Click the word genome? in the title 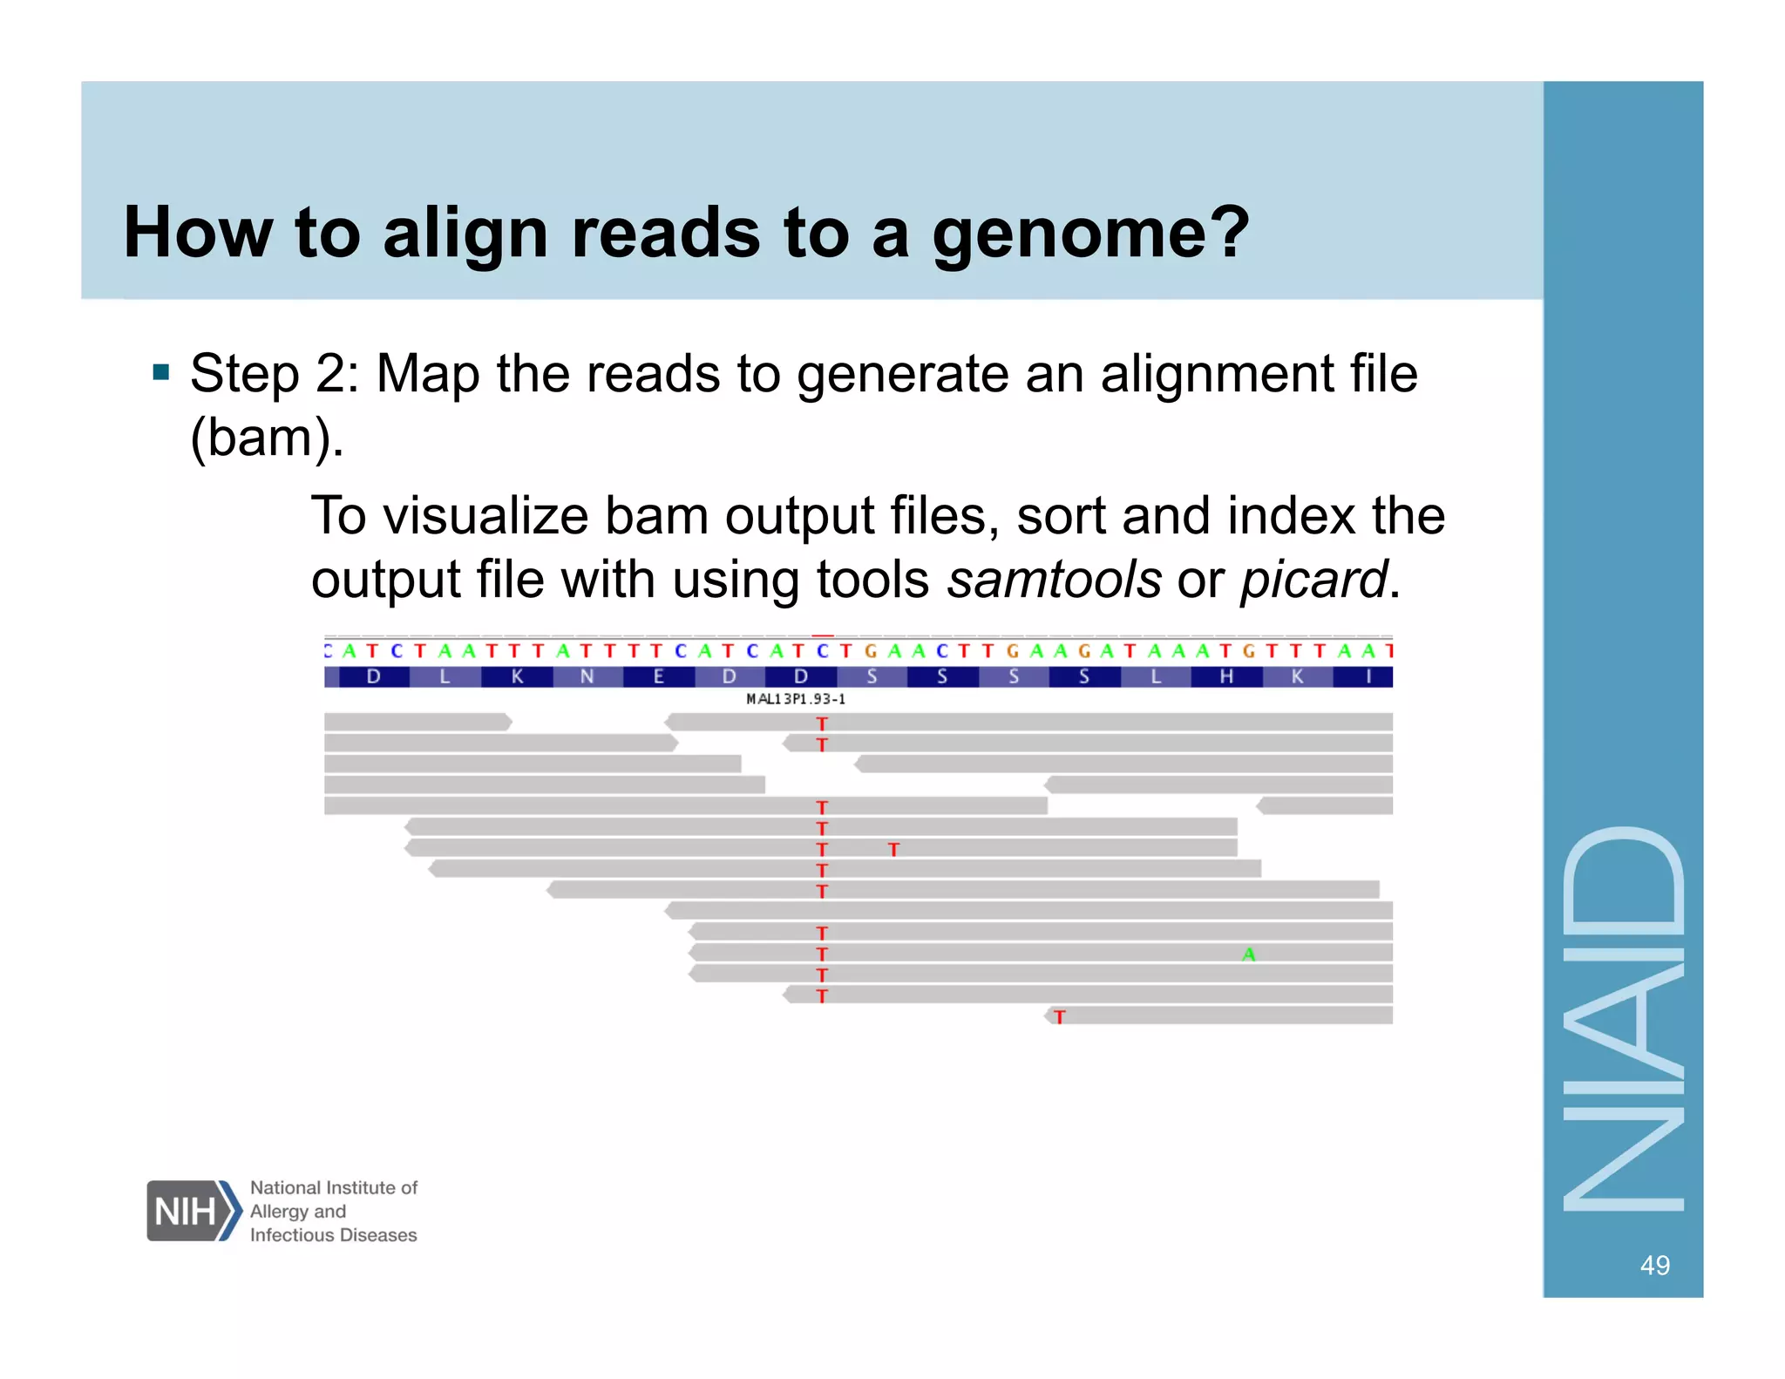[1090, 234]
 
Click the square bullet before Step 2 [160, 373]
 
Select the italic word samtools [1054, 580]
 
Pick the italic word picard [1313, 580]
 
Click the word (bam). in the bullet [267, 438]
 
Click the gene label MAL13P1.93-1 [796, 699]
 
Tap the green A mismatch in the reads [1249, 954]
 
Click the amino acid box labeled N [587, 676]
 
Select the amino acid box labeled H [1226, 676]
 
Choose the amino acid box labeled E [659, 676]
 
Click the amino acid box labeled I [1368, 676]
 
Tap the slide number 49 [1654, 1265]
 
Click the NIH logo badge [192, 1211]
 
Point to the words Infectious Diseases [333, 1235]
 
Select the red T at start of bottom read [1059, 1016]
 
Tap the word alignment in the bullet [1216, 374]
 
